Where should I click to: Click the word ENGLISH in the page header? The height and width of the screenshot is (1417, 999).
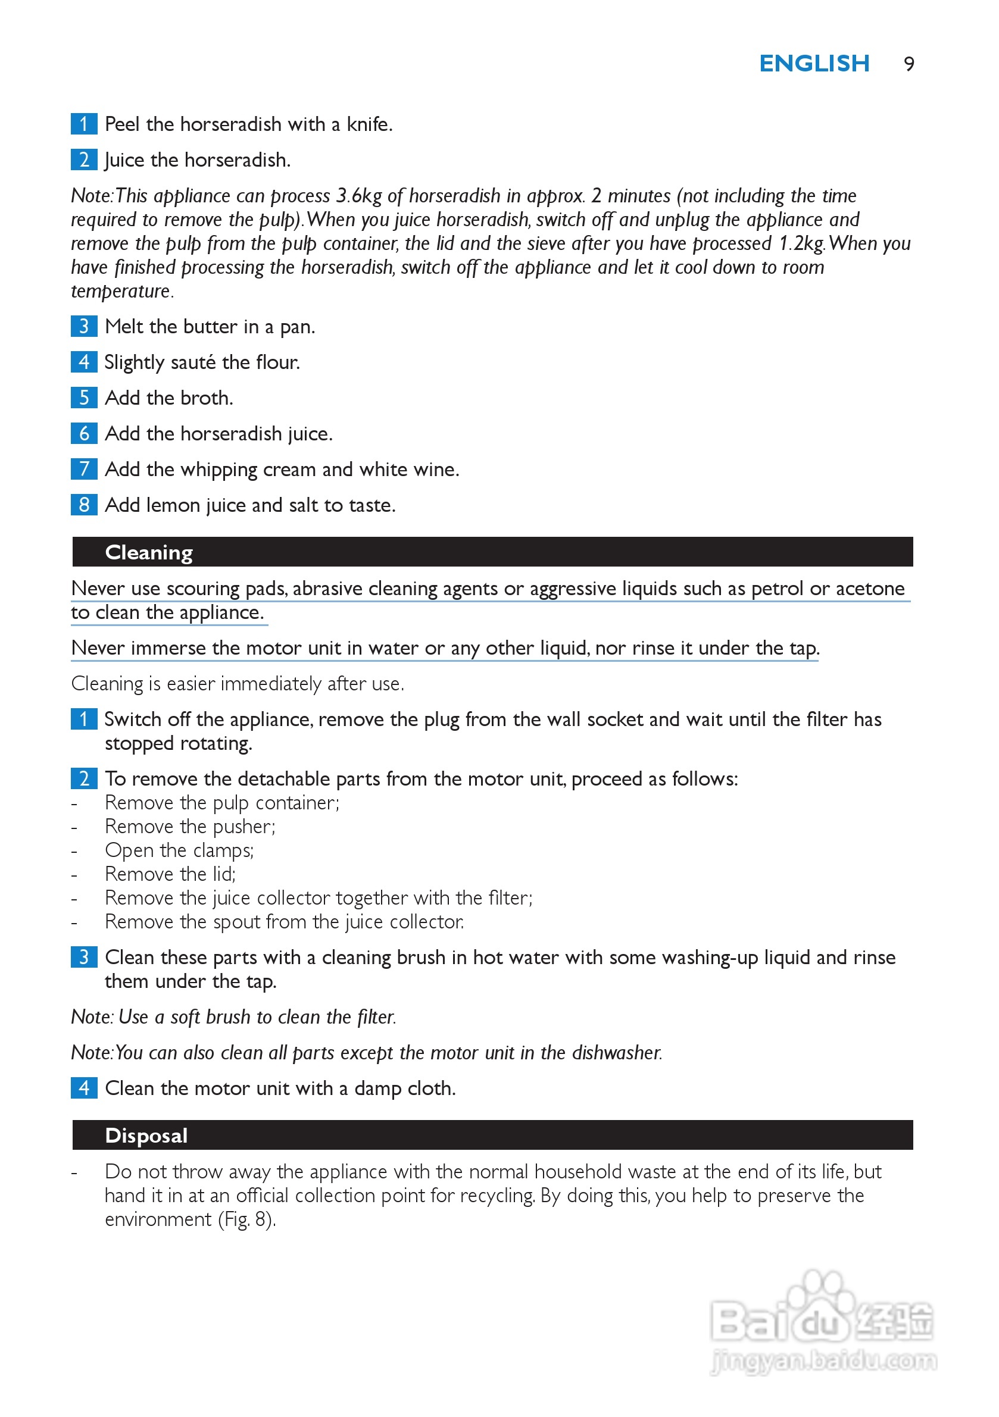(814, 64)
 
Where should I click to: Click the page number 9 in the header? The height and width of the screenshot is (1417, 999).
(909, 64)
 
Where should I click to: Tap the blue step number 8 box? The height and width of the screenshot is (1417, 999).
(84, 505)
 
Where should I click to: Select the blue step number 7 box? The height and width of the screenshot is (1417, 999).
(84, 469)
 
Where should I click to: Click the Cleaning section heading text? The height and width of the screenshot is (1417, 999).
(149, 552)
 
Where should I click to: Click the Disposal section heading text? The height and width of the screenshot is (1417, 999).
(146, 1136)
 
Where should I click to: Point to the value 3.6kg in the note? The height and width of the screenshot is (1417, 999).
(359, 196)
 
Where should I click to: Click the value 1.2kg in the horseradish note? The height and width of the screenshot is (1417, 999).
(801, 244)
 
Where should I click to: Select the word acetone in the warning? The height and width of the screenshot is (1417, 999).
(869, 589)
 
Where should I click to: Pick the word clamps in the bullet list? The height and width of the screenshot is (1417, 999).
(223, 850)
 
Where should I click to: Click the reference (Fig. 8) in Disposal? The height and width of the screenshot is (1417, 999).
(246, 1219)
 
